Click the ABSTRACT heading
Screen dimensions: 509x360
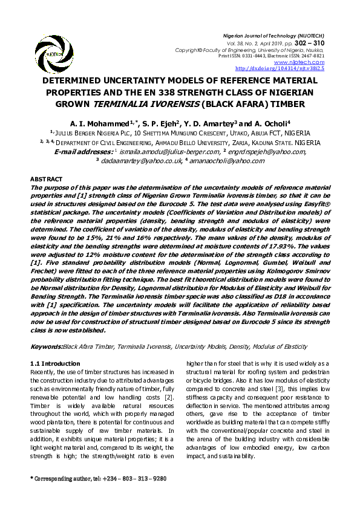[x=46, y=180]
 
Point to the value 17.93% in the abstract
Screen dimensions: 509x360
[x=281, y=247]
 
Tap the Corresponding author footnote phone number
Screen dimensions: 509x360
[x=136, y=478]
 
